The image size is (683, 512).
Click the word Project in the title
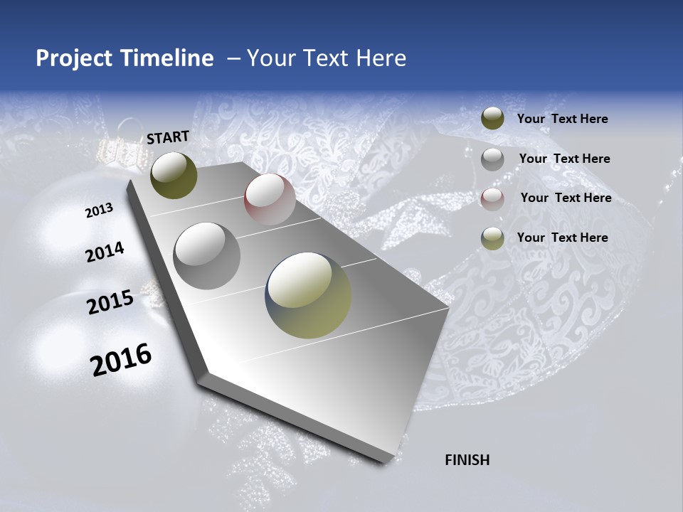point(73,58)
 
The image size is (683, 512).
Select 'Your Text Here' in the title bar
point(327,58)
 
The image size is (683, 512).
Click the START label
point(168,137)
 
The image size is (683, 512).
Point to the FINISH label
point(467,460)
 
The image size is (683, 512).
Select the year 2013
point(99,210)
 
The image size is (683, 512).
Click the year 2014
point(105,252)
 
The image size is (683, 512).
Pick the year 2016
point(121,360)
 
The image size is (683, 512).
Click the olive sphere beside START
point(174,176)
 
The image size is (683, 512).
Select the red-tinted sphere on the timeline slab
point(270,199)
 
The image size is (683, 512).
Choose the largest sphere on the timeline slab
point(308,294)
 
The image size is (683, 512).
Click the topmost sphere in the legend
point(492,119)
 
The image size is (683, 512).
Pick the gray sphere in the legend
point(492,159)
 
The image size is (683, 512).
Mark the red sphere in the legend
point(492,199)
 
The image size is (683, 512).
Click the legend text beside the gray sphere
point(564,159)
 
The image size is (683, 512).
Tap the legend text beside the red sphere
point(566,198)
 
